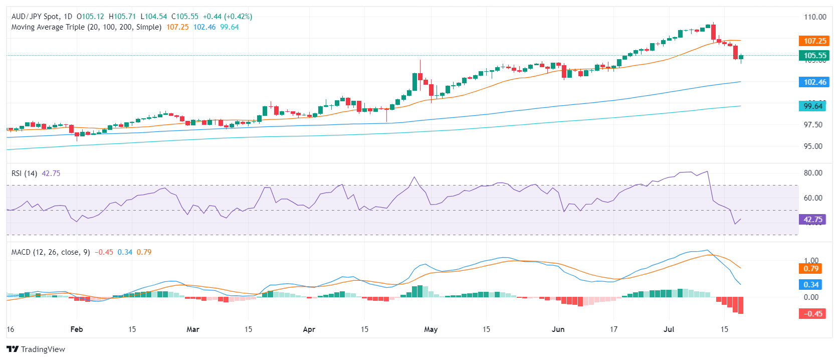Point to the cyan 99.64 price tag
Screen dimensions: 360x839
(812, 106)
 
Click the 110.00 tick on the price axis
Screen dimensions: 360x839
(815, 17)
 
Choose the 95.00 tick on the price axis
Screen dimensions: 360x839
(813, 146)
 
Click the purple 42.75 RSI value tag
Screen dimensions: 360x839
(812, 220)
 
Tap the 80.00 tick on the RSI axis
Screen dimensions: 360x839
(813, 173)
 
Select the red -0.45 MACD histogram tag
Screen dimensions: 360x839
(812, 314)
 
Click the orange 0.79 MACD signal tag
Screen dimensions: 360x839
(811, 269)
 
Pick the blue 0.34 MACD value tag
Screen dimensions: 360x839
(811, 285)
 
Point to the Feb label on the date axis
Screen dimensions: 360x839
(77, 329)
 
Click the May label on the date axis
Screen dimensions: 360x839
(431, 329)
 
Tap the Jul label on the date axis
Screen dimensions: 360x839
(669, 329)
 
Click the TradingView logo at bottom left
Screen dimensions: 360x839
(36, 349)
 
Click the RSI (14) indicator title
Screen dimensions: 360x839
(24, 173)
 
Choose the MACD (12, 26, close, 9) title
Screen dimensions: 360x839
(51, 252)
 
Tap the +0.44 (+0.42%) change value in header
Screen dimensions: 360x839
(228, 17)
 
